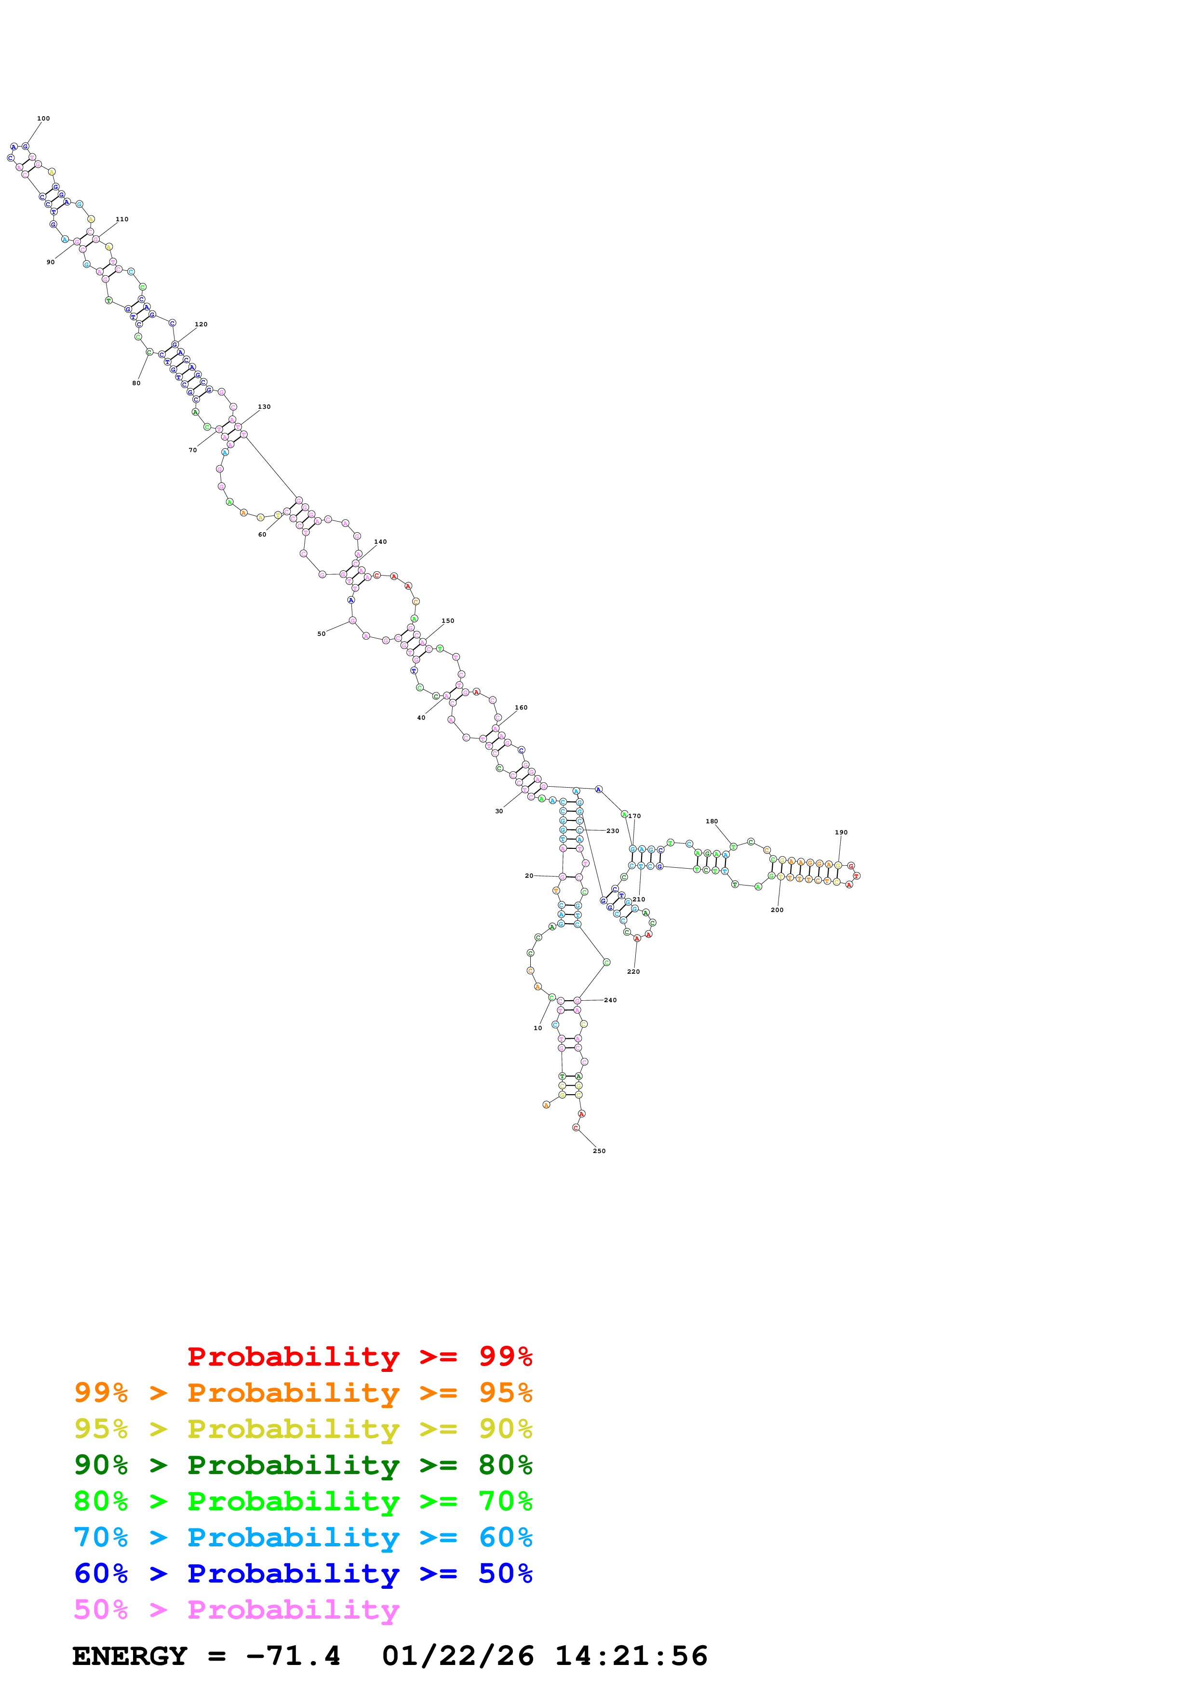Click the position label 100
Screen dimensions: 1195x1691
tap(43, 119)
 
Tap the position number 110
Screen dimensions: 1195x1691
tap(122, 219)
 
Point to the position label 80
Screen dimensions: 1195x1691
tap(136, 383)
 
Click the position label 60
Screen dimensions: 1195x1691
tap(262, 535)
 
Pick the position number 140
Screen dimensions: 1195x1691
tap(380, 542)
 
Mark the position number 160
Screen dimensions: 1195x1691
tap(521, 708)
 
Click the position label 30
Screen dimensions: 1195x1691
tap(499, 812)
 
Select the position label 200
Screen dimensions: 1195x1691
tap(777, 910)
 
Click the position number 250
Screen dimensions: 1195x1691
tap(599, 1151)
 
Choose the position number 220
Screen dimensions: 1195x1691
tap(633, 972)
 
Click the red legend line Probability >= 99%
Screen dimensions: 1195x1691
tap(359, 1356)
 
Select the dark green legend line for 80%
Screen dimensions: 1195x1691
tap(303, 1465)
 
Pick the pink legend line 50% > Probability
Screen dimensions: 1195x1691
tap(236, 1610)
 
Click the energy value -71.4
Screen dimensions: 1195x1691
tap(293, 1656)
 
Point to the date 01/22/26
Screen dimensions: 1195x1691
tap(457, 1656)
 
